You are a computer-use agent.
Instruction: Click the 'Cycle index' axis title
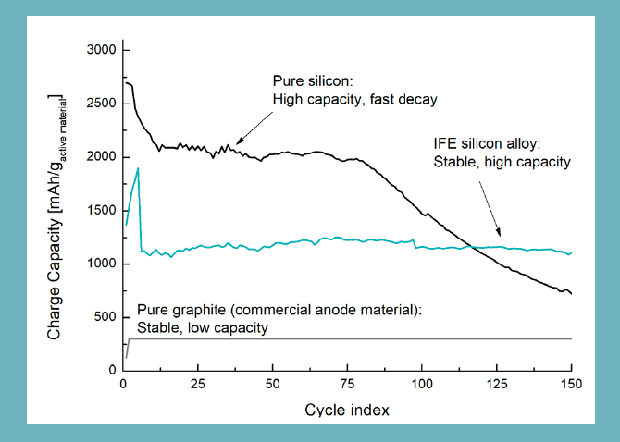(x=347, y=409)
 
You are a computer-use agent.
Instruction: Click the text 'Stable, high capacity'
(x=501, y=163)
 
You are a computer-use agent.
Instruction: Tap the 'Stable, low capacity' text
(x=204, y=327)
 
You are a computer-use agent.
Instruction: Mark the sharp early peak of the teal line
(x=138, y=169)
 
